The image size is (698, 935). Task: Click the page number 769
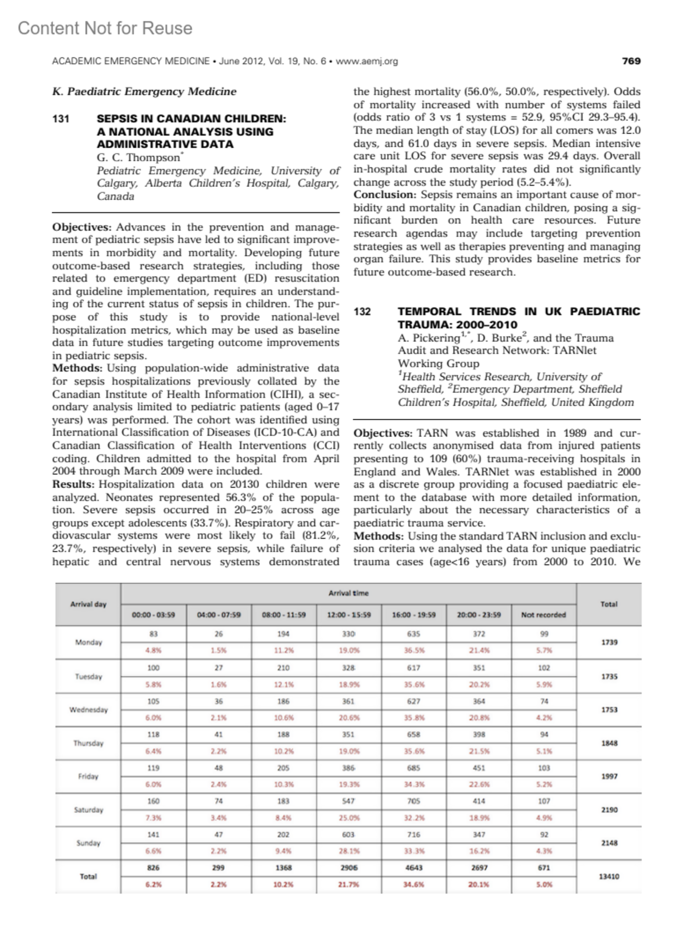[x=631, y=61]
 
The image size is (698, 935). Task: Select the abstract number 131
[x=61, y=119]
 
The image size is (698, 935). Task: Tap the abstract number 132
[x=362, y=312]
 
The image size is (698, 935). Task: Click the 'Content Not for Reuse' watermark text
[x=105, y=28]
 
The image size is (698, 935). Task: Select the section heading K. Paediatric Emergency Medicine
[x=144, y=92]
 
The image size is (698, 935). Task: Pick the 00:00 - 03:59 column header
[x=154, y=614]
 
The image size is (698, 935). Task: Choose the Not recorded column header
[x=544, y=614]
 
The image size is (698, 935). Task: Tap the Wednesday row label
[x=88, y=710]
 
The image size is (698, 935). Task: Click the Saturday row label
[x=88, y=810]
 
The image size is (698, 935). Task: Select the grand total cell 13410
[x=609, y=876]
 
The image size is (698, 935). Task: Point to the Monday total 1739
[x=609, y=642]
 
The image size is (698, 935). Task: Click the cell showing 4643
[x=414, y=868]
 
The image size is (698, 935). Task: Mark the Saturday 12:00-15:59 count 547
[x=348, y=801]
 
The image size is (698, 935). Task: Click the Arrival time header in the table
[x=348, y=593]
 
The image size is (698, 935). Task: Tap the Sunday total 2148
[x=609, y=843]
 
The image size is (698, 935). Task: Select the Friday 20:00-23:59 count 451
[x=479, y=768]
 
